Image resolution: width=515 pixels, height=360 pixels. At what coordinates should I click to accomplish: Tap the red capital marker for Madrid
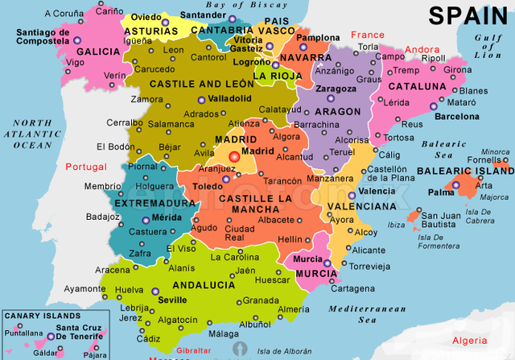234,156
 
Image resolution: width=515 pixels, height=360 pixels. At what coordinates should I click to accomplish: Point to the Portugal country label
85,166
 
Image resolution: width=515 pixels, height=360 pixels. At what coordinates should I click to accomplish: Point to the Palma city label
441,192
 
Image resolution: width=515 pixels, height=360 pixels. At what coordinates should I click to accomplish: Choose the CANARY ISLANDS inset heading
41,316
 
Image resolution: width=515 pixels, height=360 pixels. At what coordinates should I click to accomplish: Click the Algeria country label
470,341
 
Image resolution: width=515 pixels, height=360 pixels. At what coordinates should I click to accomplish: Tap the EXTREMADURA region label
156,204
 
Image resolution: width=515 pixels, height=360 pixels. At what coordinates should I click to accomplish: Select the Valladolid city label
225,100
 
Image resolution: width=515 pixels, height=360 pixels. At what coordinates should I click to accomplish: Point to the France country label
368,35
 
